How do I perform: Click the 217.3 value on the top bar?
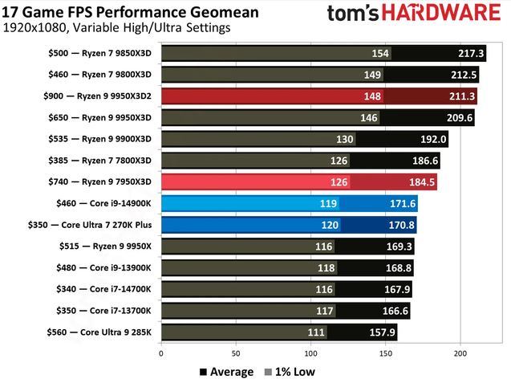coord(471,54)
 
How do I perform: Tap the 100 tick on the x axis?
coord(311,352)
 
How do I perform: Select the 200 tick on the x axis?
coord(460,352)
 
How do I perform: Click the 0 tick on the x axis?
coord(162,352)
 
